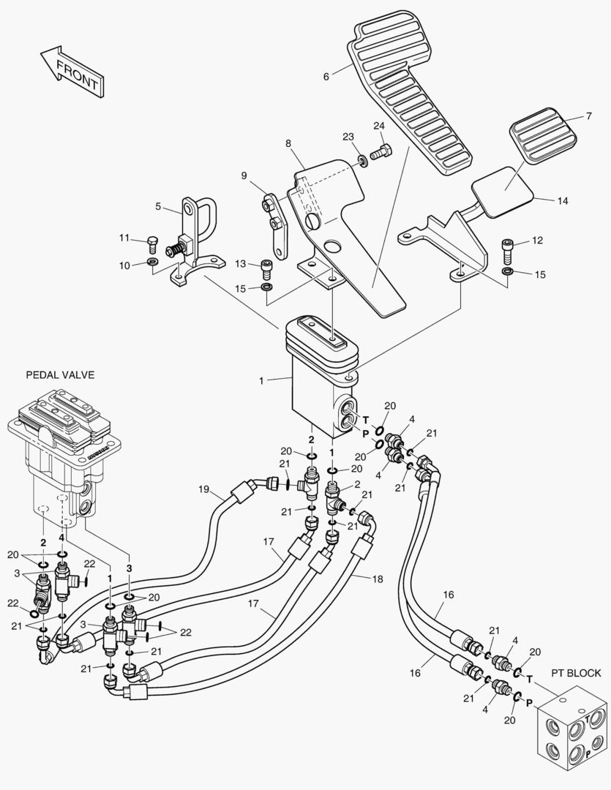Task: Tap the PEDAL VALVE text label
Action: pyautogui.click(x=60, y=375)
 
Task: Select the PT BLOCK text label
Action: pyautogui.click(x=576, y=673)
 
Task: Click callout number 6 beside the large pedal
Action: pyautogui.click(x=326, y=72)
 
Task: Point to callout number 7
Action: pyautogui.click(x=588, y=116)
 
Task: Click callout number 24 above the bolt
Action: pyautogui.click(x=379, y=126)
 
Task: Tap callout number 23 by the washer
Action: pyautogui.click(x=348, y=137)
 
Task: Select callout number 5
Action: pyautogui.click(x=158, y=206)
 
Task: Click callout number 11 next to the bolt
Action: pyautogui.click(x=124, y=237)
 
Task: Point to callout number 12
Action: pyautogui.click(x=537, y=240)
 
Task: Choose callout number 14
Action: pyautogui.click(x=562, y=200)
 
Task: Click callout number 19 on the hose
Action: pyautogui.click(x=203, y=488)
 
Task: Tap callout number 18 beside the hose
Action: pyautogui.click(x=378, y=579)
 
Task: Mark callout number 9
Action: pyautogui.click(x=245, y=175)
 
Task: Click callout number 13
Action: pyautogui.click(x=241, y=263)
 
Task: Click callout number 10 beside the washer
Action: pyautogui.click(x=124, y=264)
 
